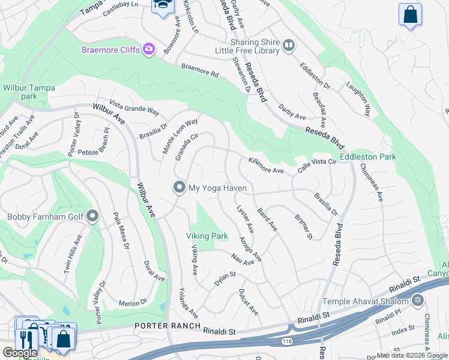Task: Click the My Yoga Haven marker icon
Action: coord(179,188)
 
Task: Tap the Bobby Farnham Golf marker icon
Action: coord(92,216)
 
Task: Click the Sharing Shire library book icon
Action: coord(288,46)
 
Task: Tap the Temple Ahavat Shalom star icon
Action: coord(418,301)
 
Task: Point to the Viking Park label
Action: coord(206,236)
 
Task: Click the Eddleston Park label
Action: coord(368,157)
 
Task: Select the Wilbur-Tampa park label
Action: coord(28,92)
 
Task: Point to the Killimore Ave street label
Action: coord(266,166)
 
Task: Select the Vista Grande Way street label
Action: coord(134,107)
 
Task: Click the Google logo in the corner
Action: coord(20,353)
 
